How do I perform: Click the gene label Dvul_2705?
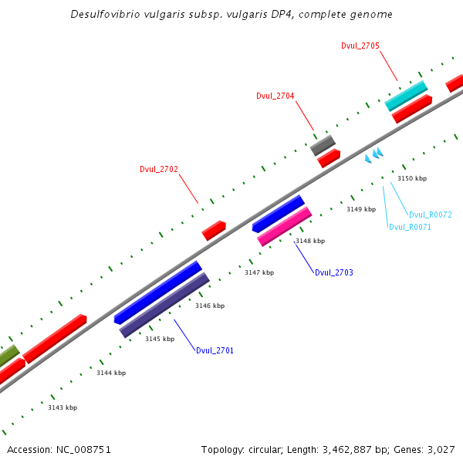coord(360,46)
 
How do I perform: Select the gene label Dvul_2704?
coord(275,96)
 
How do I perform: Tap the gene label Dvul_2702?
coord(159,169)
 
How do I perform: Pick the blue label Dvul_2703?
coord(333,272)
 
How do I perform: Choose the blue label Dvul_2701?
coord(215,350)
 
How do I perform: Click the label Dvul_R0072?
coord(430,215)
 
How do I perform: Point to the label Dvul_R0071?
coord(410,227)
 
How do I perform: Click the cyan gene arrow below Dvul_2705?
coord(406,96)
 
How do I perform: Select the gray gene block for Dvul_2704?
coord(323,145)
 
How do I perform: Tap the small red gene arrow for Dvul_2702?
coord(214,230)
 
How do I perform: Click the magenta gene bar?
coord(284,226)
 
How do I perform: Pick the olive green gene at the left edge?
coord(8,357)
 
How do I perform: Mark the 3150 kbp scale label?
coord(411,178)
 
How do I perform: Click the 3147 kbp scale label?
coord(259,272)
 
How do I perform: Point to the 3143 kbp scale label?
coord(63,407)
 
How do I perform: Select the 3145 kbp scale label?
coord(160,339)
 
